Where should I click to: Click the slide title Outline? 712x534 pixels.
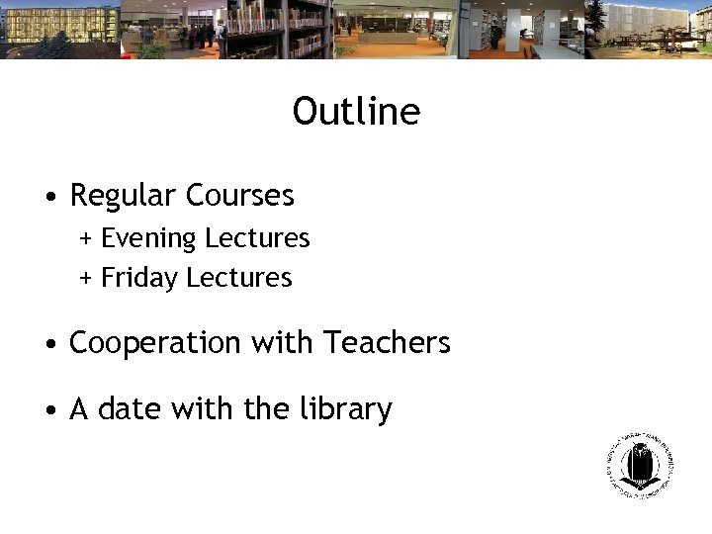point(356,112)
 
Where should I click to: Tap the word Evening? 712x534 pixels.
point(148,239)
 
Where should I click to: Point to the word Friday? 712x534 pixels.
point(139,278)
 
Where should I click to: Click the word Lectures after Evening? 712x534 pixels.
point(257,238)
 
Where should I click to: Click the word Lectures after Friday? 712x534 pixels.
point(239,278)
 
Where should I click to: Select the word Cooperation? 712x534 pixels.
point(155,343)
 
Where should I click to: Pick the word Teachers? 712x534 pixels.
point(387,342)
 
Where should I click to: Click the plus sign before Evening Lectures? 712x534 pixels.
point(86,239)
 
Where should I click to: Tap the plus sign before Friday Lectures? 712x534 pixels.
point(86,279)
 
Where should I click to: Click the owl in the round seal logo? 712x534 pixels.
point(640,462)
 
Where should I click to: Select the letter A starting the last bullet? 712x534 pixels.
point(79,409)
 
